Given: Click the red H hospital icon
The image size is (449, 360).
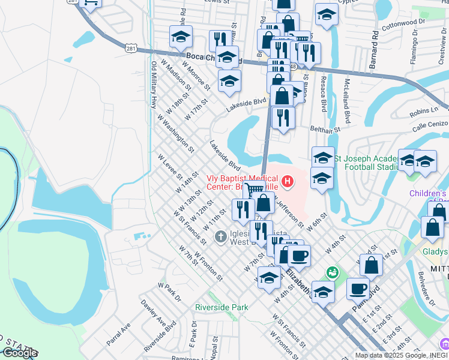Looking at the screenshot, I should point(289,181).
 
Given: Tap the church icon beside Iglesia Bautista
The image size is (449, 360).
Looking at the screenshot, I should point(220,236).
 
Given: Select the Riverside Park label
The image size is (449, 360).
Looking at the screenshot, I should point(221,307).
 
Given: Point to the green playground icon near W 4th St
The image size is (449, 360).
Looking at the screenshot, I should point(332,273).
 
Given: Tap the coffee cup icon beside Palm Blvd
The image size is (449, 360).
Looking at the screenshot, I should point(358,289).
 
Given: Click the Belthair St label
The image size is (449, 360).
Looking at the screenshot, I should point(325,128).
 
